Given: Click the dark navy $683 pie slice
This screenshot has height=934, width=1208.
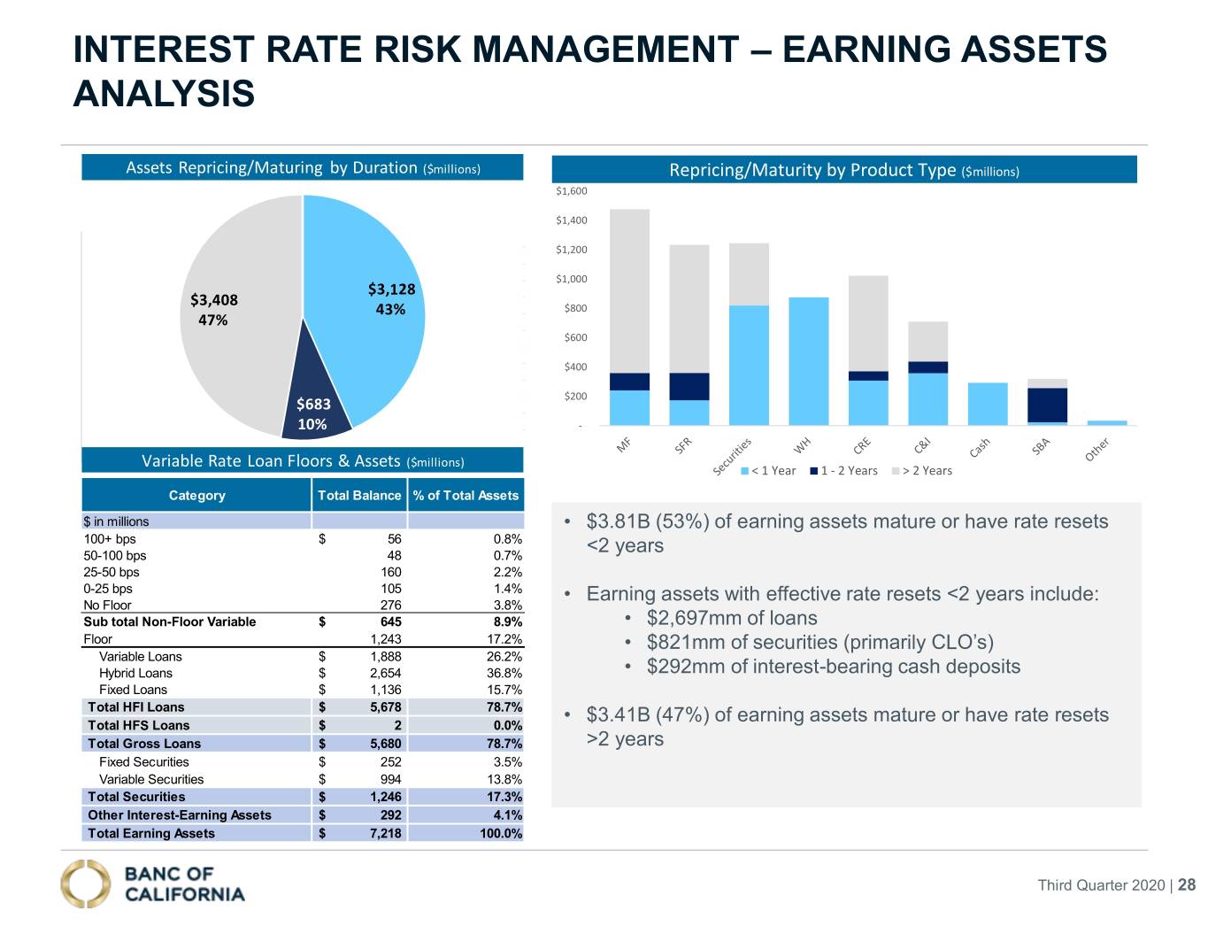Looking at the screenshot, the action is point(315,400).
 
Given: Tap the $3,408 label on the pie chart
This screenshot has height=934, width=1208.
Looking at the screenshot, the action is point(214,300).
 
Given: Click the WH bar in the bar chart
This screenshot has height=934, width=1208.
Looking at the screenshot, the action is point(808,361).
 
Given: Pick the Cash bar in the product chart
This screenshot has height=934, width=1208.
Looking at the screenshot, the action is point(988,405).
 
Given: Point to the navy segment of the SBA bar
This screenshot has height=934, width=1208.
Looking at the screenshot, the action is point(1047,405).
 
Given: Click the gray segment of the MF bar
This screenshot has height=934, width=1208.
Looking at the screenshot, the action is point(629,290).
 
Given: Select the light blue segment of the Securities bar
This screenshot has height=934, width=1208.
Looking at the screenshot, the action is point(749,366).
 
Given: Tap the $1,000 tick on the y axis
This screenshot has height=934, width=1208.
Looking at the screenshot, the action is point(572,279).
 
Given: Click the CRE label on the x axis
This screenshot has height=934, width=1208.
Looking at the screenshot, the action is point(862,445).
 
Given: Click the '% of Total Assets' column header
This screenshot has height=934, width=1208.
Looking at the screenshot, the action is point(466,496).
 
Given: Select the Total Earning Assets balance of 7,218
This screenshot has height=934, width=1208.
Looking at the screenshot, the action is point(386,833).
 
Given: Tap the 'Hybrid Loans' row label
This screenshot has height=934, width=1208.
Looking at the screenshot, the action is point(135,673).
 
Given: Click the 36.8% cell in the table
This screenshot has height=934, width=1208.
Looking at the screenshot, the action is point(504,673).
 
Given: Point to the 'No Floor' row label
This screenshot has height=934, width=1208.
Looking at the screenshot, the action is point(107,606).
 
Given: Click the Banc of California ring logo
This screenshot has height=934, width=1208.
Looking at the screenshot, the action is point(86,884).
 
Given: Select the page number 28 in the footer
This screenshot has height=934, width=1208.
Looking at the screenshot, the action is point(1187,885).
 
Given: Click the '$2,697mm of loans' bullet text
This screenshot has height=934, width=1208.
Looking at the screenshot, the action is point(732,618).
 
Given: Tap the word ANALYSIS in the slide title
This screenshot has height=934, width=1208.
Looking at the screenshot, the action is point(164,94).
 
